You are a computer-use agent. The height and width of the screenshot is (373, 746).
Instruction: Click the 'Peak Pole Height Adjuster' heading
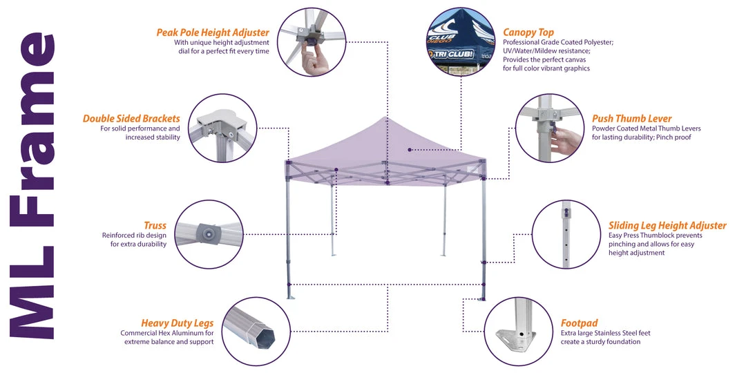pyautogui.click(x=213, y=32)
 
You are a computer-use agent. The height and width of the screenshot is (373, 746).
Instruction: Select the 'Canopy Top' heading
pyautogui.click(x=528, y=32)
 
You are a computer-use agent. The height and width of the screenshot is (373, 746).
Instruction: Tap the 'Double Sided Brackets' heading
pyautogui.click(x=131, y=118)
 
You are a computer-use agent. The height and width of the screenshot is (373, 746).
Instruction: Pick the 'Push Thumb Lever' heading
pyautogui.click(x=631, y=118)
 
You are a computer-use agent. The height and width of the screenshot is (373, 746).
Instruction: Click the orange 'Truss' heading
pyautogui.click(x=155, y=225)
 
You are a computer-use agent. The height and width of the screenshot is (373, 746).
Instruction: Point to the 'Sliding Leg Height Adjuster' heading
pyautogui.click(x=667, y=225)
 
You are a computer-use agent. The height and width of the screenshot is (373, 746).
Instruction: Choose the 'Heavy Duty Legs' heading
pyautogui.click(x=177, y=323)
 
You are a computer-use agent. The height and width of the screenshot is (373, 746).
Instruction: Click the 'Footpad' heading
pyautogui.click(x=579, y=323)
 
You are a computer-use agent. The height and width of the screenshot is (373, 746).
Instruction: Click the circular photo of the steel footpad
pyautogui.click(x=518, y=332)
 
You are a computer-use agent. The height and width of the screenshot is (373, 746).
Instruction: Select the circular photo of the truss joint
pyautogui.click(x=209, y=234)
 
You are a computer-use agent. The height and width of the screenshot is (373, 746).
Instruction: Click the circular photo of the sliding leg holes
pyautogui.click(x=566, y=234)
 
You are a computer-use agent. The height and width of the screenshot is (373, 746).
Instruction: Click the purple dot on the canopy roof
pyautogui.click(x=410, y=149)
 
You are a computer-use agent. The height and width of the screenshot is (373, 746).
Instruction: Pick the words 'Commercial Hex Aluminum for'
pyautogui.click(x=166, y=333)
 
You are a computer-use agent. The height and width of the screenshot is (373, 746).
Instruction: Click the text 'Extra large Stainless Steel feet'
pyautogui.click(x=605, y=333)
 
